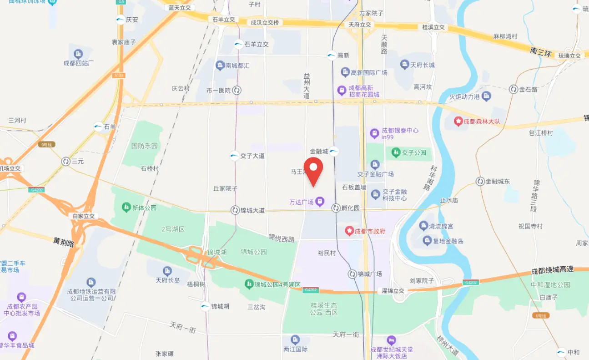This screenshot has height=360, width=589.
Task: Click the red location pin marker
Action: pyautogui.click(x=313, y=172)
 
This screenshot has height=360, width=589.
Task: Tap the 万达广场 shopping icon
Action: pyautogui.click(x=320, y=201)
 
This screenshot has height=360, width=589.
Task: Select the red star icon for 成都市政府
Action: pyautogui.click(x=349, y=231)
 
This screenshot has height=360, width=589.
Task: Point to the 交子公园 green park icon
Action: pyautogui.click(x=396, y=152)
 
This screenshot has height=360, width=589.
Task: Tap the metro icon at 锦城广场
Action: pyautogui.click(x=352, y=274)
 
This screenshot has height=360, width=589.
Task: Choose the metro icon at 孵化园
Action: pyautogui.click(x=336, y=208)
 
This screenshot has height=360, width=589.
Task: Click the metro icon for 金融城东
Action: pyautogui.click(x=480, y=181)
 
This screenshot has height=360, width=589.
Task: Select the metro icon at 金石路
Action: pyautogui.click(x=513, y=89)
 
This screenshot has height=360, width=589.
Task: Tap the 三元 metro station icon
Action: pyautogui.click(x=66, y=161)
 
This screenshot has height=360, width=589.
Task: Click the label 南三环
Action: pyautogui.click(x=541, y=52)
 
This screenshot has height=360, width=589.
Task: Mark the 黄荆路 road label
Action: pyautogui.click(x=64, y=242)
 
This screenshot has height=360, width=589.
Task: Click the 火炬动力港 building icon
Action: pyautogui.click(x=487, y=96)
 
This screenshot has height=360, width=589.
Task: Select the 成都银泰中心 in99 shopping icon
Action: pyautogui.click(x=375, y=133)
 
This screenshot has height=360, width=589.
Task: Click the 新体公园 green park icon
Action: pyautogui.click(x=126, y=208)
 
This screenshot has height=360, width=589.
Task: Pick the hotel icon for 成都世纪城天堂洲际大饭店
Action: pyautogui.click(x=391, y=340)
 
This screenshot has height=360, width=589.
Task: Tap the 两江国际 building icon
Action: pyautogui.click(x=296, y=340)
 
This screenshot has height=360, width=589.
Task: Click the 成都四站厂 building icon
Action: pyautogui.click(x=78, y=54)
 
